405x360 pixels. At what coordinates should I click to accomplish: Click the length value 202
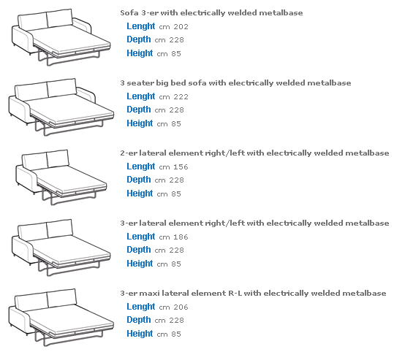click(181, 27)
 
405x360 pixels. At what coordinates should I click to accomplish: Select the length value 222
click(181, 97)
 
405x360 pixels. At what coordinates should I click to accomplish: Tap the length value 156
click(181, 167)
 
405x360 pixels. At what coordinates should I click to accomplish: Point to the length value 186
click(181, 237)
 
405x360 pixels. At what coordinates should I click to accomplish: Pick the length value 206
click(181, 307)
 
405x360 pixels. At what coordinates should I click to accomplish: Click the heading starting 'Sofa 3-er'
click(211, 13)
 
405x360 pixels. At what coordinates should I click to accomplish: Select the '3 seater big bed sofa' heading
click(235, 83)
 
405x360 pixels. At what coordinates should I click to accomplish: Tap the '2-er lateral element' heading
click(254, 153)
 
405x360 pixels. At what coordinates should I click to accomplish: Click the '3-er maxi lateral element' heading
click(253, 294)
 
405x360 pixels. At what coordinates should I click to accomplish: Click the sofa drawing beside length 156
click(61, 177)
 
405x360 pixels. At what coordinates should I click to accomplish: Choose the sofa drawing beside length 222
click(61, 107)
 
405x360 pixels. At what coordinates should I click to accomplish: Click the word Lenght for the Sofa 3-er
click(141, 26)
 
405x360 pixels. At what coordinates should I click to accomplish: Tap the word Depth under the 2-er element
click(139, 180)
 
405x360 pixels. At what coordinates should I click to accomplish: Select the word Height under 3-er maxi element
click(140, 334)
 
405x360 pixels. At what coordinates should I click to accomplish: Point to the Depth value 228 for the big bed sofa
click(176, 110)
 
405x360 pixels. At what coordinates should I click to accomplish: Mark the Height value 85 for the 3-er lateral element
click(176, 264)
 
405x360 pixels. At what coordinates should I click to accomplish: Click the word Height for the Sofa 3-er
click(140, 53)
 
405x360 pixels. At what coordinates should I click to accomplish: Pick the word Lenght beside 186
click(141, 237)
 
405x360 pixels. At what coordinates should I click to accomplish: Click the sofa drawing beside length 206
click(61, 318)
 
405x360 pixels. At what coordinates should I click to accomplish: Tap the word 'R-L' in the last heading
click(235, 294)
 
